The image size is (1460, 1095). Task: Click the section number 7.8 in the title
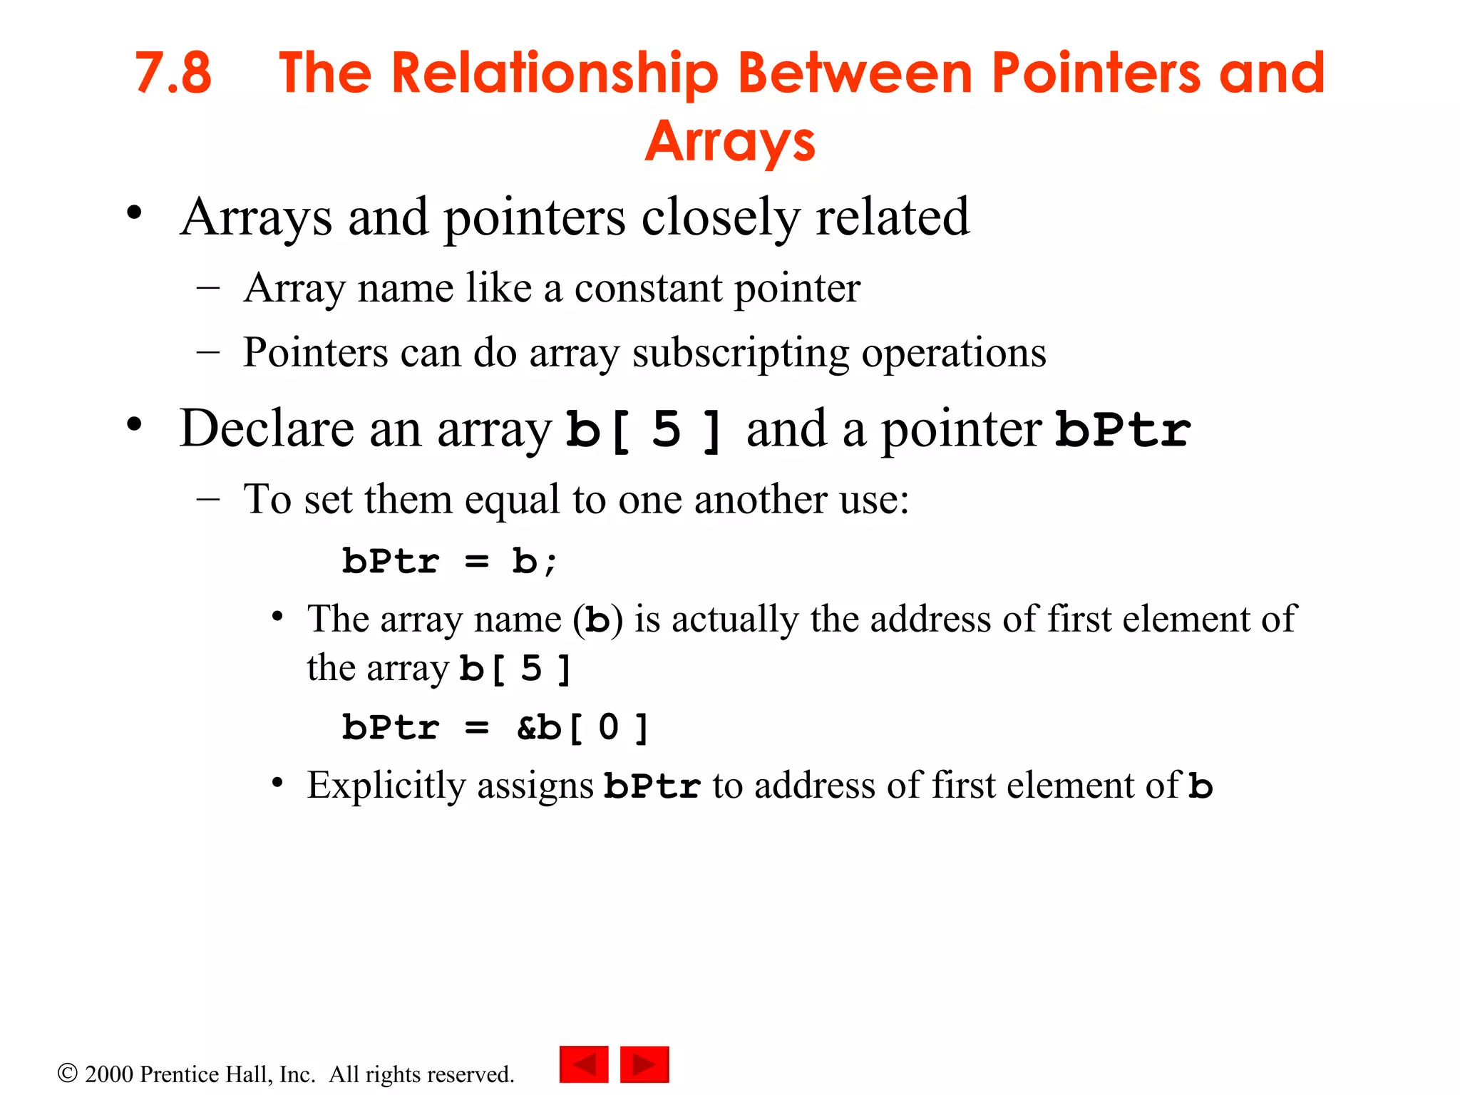(173, 73)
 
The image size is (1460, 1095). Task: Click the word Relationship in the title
(555, 73)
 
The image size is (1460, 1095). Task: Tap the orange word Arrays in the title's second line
(730, 142)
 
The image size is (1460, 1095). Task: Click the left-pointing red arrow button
(584, 1064)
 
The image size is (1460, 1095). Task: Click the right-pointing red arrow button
(644, 1064)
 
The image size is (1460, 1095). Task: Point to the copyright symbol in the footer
(67, 1074)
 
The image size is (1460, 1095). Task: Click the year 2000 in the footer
(109, 1074)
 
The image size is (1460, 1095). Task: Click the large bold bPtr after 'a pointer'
(1123, 430)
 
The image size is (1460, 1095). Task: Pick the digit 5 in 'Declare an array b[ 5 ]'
(667, 430)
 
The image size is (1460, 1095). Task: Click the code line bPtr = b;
(449, 562)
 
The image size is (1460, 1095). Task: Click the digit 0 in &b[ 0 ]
(608, 728)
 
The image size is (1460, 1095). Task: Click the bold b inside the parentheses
(597, 620)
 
